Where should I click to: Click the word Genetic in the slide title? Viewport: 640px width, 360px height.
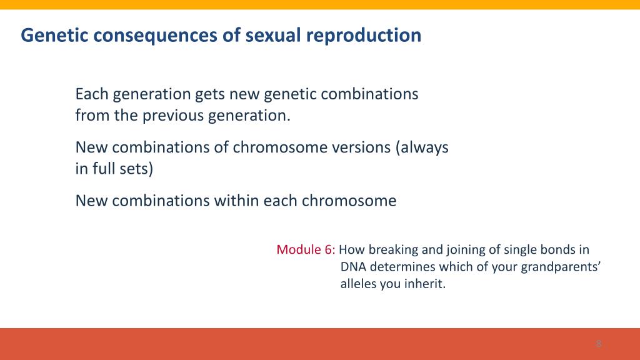pos(54,35)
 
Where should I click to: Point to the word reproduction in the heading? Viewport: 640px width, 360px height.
pos(364,36)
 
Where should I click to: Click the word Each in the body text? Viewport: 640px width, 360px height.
pos(92,94)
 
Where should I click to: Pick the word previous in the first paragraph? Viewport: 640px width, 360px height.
pos(172,116)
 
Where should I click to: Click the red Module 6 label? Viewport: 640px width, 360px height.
pos(305,249)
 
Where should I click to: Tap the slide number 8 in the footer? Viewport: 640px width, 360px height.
pos(599,344)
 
